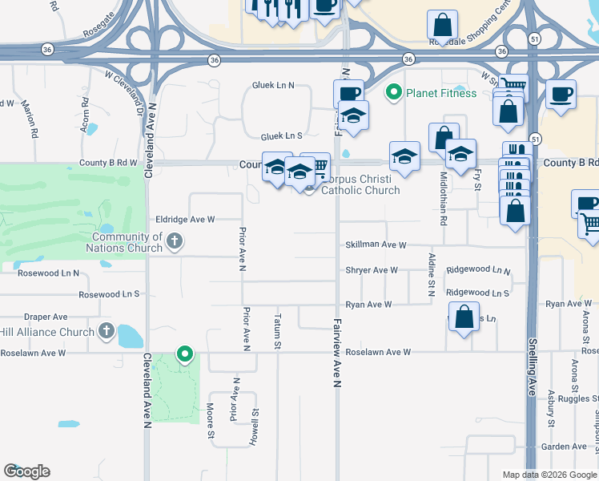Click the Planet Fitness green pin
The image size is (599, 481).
pyautogui.click(x=393, y=93)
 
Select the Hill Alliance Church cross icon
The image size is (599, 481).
pyautogui.click(x=107, y=331)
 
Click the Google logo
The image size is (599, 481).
pyautogui.click(x=26, y=471)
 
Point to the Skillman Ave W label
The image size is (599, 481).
pyautogui.click(x=376, y=245)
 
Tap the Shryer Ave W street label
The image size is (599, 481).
pyautogui.click(x=372, y=270)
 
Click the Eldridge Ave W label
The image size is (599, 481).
pyautogui.click(x=186, y=219)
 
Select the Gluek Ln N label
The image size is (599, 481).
pyautogui.click(x=273, y=85)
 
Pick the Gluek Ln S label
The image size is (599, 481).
pyautogui.click(x=276, y=136)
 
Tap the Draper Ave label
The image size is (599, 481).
pyautogui.click(x=46, y=317)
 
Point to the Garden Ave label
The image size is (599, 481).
pyautogui.click(x=565, y=447)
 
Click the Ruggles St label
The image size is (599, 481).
pyautogui.click(x=581, y=398)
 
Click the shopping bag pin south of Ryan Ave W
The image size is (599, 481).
pyautogui.click(x=464, y=318)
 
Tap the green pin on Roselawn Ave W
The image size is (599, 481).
pyautogui.click(x=185, y=354)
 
